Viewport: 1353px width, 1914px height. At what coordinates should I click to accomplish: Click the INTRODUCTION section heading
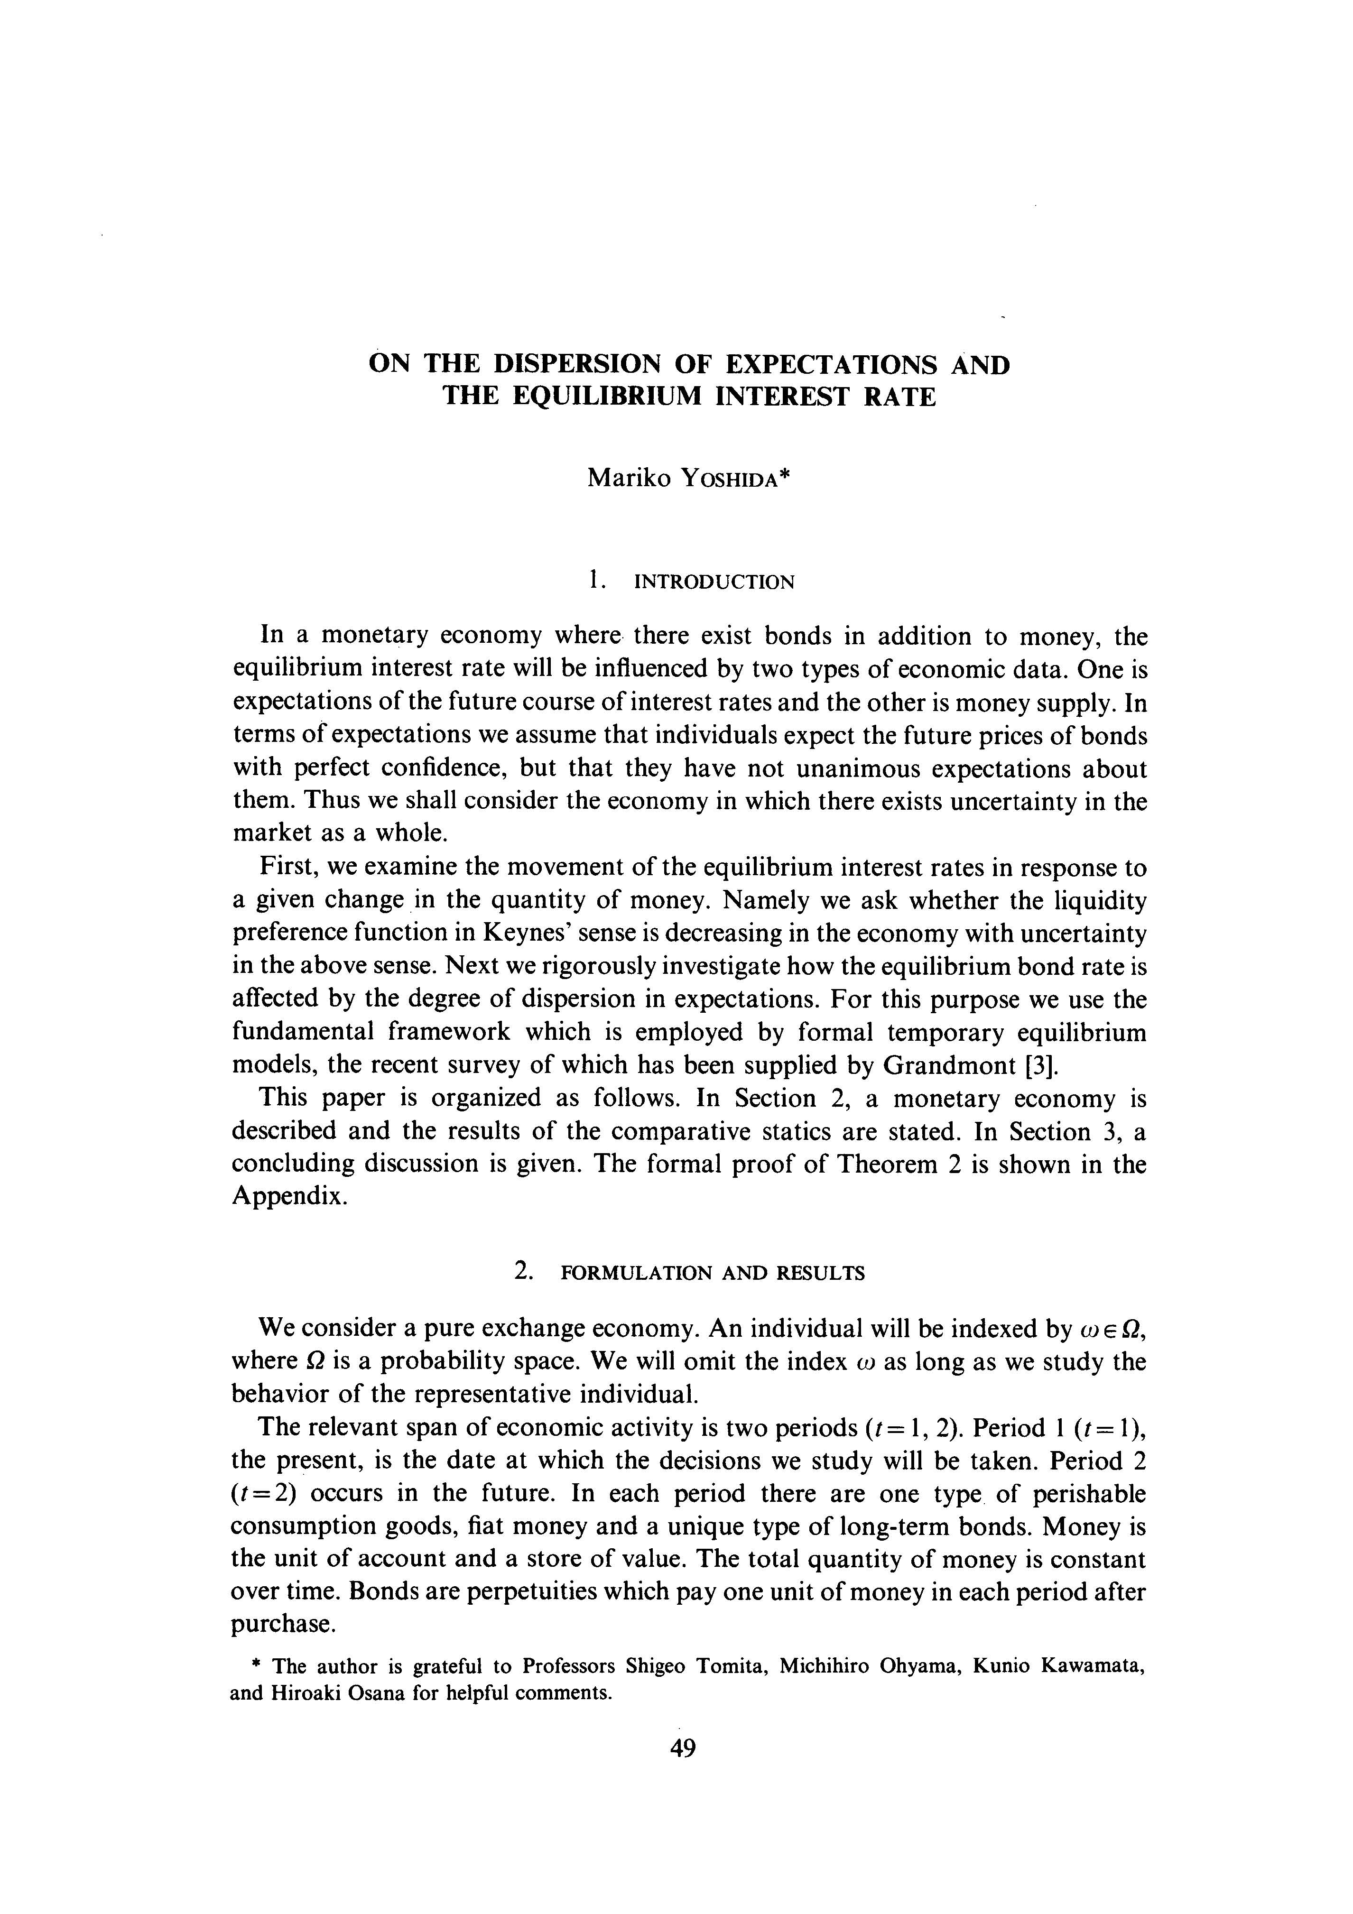coord(714,582)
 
